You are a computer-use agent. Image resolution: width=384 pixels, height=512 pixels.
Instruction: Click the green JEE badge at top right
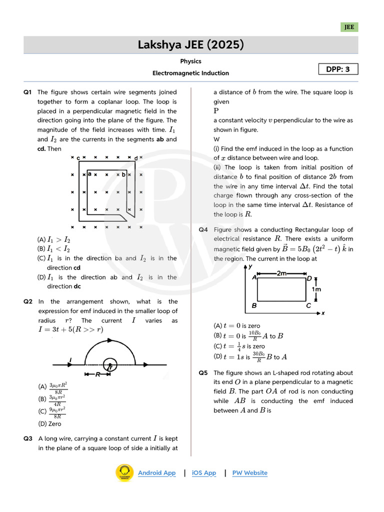pyautogui.click(x=349, y=27)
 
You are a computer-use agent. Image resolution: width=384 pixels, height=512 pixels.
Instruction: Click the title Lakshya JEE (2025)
pyautogui.click(x=191, y=45)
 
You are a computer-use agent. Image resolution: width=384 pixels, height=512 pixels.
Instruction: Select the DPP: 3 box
pyautogui.click(x=338, y=69)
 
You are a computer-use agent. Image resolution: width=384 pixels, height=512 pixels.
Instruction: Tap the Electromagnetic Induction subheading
pyautogui.click(x=190, y=73)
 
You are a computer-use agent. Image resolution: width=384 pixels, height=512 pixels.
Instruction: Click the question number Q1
pyautogui.click(x=27, y=92)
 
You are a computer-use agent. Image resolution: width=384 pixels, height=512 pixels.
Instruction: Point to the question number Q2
pyautogui.click(x=27, y=301)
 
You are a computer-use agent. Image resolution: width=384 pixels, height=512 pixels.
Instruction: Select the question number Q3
pyautogui.click(x=27, y=438)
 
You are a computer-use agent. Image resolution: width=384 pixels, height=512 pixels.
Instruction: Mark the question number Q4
pyautogui.click(x=203, y=229)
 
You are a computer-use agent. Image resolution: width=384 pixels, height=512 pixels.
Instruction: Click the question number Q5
pyautogui.click(x=203, y=373)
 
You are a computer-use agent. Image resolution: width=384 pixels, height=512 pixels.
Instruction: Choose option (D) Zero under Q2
pyautogui.click(x=49, y=423)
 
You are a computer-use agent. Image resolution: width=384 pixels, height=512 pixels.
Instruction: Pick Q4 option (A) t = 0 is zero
pyautogui.click(x=236, y=325)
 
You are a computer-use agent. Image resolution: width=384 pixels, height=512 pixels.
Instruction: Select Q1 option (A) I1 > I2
pyautogui.click(x=53, y=239)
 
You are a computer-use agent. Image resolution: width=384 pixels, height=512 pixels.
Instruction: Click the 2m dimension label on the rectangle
pyautogui.click(x=282, y=273)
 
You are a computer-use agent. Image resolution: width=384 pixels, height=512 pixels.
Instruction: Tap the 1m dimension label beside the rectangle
pyautogui.click(x=316, y=289)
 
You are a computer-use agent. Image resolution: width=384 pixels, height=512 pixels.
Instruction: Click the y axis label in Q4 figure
pyautogui.click(x=249, y=267)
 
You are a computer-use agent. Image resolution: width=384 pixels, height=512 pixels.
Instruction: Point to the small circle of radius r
pyautogui.click(x=109, y=365)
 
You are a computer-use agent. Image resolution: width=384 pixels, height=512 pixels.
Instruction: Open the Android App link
pyautogui.click(x=156, y=473)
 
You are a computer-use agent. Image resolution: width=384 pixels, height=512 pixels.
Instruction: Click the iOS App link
pyautogui.click(x=204, y=473)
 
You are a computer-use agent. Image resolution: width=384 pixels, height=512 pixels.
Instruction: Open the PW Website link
pyautogui.click(x=249, y=473)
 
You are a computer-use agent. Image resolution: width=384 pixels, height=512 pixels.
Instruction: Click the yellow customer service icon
pyautogui.click(x=124, y=473)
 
